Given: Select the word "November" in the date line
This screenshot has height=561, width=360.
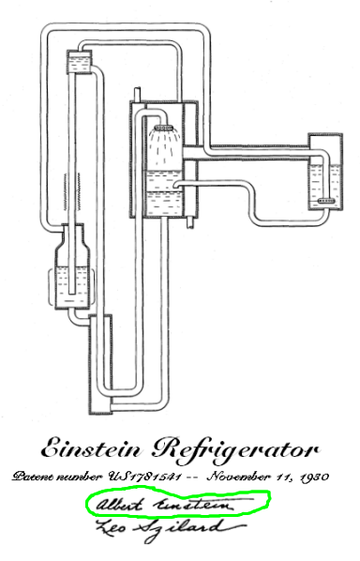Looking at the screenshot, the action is [x=241, y=477].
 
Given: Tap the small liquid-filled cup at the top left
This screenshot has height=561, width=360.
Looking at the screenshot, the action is [x=79, y=63].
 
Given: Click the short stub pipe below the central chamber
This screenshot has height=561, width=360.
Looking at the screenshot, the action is [x=187, y=221].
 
